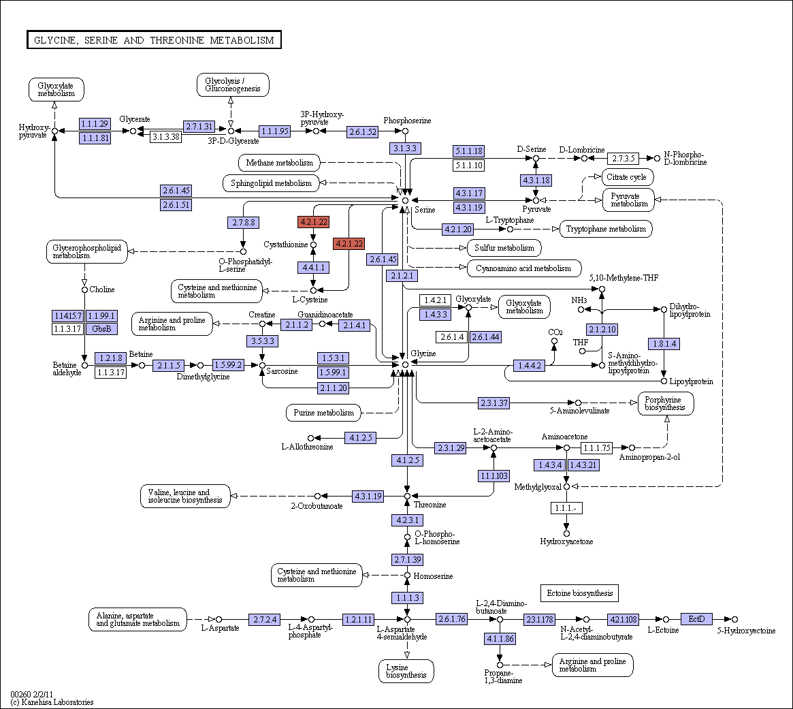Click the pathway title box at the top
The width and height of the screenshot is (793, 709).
[x=154, y=40]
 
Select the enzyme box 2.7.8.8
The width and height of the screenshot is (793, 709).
[x=244, y=222]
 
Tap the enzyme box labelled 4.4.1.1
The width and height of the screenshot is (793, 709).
[x=314, y=267]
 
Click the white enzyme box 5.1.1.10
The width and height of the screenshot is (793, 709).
[x=468, y=165]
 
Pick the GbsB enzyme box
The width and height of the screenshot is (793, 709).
[x=101, y=329]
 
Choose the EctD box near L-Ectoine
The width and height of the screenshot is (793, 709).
[x=696, y=619]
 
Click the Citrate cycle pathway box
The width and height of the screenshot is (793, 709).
[x=627, y=177]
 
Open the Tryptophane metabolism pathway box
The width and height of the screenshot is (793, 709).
[x=606, y=229]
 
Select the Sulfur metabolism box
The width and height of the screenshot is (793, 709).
[x=504, y=248]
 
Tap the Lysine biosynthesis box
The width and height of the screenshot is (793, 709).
[x=406, y=671]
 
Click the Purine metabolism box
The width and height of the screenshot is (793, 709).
[x=324, y=413]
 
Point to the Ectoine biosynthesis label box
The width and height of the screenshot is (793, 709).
[x=579, y=593]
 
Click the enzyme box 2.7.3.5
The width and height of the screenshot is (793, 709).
[x=623, y=159]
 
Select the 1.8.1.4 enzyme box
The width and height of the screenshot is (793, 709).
[x=664, y=344]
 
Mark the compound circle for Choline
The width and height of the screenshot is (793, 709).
[x=84, y=289]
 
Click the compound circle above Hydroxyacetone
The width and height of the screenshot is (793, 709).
[x=566, y=533]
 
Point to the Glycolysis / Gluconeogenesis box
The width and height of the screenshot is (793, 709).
[x=233, y=84]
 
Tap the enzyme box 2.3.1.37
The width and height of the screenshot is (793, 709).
[x=494, y=403]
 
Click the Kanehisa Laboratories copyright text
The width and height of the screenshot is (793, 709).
[x=52, y=702]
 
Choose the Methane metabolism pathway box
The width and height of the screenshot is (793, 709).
[x=279, y=163]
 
